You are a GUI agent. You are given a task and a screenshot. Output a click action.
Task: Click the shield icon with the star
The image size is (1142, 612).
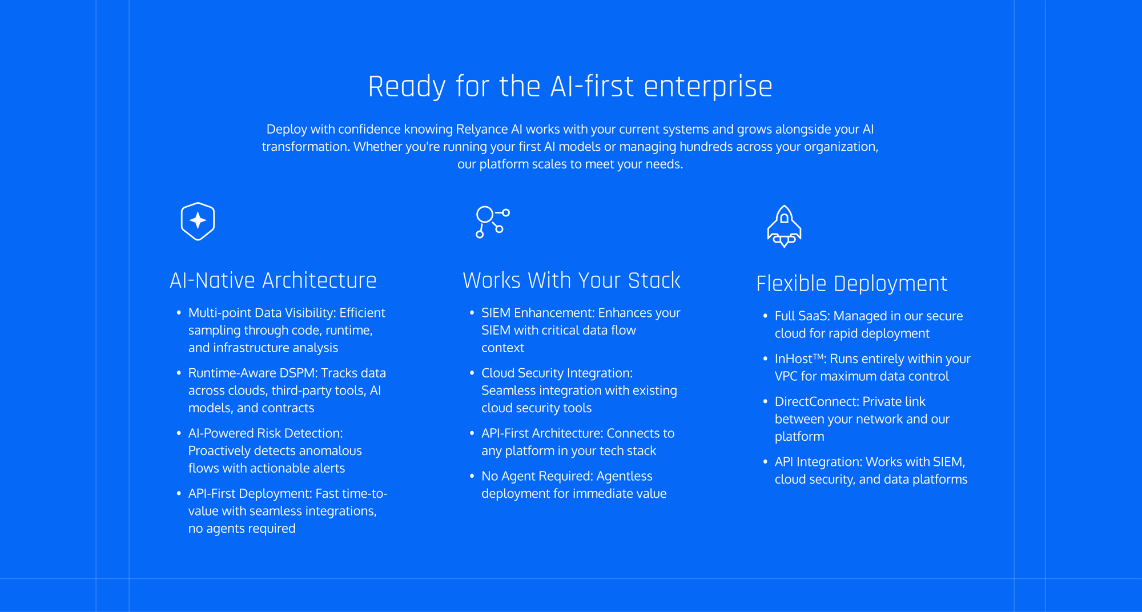coord(198,222)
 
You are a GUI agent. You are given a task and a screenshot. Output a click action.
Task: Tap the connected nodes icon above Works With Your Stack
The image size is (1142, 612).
coord(492,222)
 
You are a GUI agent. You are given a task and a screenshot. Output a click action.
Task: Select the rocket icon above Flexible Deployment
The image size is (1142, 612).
coord(784,226)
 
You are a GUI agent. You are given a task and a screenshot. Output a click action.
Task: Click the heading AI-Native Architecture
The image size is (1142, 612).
coord(273,280)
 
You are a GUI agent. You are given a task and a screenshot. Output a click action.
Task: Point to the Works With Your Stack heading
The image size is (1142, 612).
coord(572,280)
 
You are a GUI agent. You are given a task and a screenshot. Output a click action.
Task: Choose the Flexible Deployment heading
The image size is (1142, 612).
coord(852,284)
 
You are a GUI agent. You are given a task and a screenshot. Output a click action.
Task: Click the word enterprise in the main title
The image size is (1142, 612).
coord(708,87)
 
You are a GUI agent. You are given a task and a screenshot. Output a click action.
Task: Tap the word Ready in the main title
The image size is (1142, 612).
coord(407,87)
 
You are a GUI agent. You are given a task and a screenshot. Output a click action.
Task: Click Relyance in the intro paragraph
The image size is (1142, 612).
coord(482,130)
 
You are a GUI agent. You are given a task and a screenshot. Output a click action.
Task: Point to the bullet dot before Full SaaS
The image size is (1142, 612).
coord(765,316)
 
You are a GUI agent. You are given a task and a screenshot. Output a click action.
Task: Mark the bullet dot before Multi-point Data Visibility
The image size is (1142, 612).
coord(179,312)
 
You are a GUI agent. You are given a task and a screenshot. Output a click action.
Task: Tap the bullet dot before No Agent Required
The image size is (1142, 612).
coord(472,476)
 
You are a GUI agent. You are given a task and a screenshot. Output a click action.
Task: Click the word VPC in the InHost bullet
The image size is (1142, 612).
coord(786,376)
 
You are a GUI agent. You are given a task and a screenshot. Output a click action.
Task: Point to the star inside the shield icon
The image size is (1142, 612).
coord(198,220)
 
